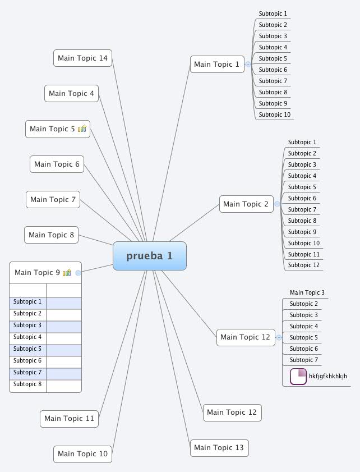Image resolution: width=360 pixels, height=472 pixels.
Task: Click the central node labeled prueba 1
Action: [x=149, y=256]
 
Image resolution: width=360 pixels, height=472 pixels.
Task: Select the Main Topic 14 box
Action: [x=82, y=58]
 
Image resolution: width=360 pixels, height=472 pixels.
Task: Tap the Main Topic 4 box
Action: [x=71, y=94]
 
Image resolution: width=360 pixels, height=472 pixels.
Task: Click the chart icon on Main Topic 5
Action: [x=82, y=129]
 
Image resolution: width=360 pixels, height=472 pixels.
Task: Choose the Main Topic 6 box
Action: [x=57, y=164]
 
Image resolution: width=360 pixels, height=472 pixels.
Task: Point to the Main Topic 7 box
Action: [x=53, y=200]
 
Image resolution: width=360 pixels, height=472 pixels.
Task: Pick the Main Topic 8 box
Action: [x=51, y=235]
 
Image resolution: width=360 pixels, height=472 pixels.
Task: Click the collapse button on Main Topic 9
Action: [x=78, y=273]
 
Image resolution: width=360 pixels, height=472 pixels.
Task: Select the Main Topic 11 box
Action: [x=69, y=419]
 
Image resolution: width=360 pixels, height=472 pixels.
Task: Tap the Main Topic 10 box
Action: [x=82, y=454]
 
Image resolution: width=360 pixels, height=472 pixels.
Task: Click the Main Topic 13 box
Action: [x=219, y=448]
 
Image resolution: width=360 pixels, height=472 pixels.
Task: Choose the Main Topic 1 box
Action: [x=216, y=65]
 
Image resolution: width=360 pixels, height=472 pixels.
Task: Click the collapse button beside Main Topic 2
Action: [x=277, y=204]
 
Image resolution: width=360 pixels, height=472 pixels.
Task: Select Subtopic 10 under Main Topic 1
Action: [x=275, y=115]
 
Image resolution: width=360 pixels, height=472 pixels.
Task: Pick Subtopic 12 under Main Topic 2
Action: [x=303, y=265]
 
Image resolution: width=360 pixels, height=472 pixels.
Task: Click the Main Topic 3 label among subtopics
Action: [x=307, y=292]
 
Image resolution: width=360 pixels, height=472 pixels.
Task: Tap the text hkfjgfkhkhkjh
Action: [x=328, y=376]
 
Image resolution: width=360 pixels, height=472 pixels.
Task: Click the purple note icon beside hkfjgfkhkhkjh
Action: [x=298, y=376]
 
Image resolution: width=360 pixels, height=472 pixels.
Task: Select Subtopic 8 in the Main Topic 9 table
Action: [x=27, y=384]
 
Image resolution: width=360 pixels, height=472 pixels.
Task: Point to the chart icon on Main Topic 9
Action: [x=67, y=273]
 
